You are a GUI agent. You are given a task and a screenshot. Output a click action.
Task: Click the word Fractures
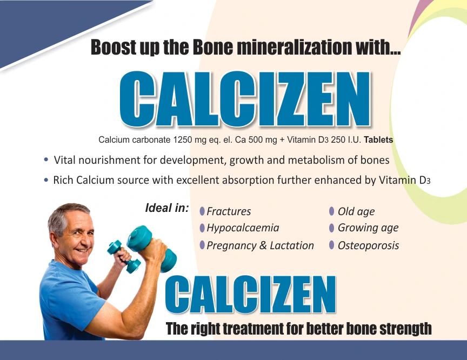point(229,211)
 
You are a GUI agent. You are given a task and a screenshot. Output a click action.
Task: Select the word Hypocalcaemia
point(243,228)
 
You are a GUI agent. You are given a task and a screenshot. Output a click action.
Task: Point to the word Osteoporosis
point(368,245)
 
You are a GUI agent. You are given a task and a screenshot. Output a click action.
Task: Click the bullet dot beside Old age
point(332,211)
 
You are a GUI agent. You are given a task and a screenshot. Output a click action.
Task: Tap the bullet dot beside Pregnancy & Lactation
point(202,245)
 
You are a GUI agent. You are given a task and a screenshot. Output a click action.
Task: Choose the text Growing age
point(368,228)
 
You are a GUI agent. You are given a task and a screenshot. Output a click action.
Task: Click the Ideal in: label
point(167,208)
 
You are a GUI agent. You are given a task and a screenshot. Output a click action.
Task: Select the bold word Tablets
point(378,140)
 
